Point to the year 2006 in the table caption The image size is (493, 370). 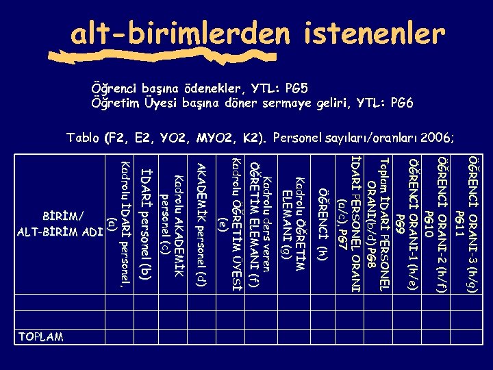click(x=435, y=138)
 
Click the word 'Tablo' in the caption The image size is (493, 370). click(x=83, y=138)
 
